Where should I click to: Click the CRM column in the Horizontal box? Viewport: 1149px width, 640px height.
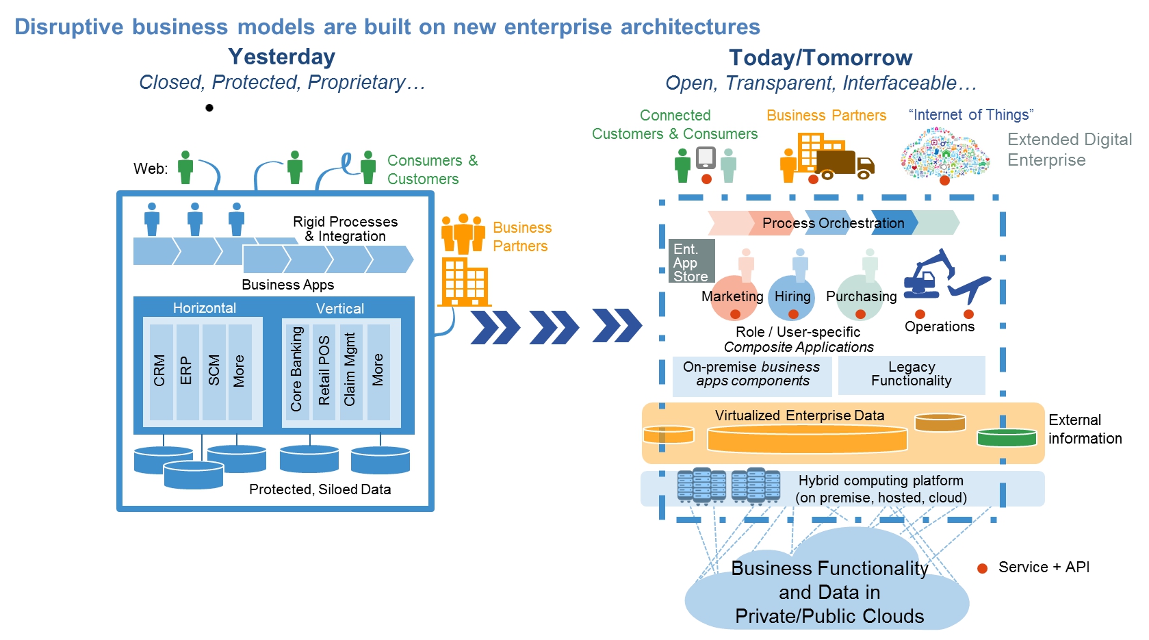[161, 371]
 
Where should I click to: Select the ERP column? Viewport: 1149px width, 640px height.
[187, 371]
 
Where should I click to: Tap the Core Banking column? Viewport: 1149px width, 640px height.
[296, 370]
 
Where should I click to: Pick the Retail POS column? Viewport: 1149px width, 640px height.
[324, 370]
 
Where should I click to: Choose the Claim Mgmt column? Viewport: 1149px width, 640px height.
[350, 370]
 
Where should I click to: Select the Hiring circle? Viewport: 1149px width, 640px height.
[792, 298]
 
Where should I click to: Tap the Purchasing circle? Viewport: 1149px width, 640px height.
[860, 298]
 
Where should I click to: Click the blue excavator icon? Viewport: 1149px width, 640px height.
[929, 274]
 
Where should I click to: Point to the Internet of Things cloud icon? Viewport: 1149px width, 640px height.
[944, 153]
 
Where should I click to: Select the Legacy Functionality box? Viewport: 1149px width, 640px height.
[912, 374]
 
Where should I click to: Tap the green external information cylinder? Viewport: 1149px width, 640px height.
[1007, 437]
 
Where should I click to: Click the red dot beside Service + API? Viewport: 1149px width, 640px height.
[982, 568]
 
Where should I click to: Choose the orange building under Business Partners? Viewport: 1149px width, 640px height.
[464, 281]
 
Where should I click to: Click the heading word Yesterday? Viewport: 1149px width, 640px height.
[281, 57]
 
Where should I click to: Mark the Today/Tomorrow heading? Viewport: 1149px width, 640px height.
[820, 58]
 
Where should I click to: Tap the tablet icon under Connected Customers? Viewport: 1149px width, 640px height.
[706, 158]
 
